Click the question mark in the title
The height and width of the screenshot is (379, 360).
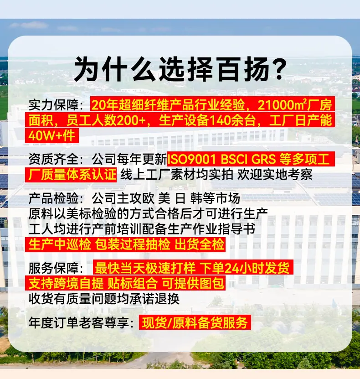(277, 69)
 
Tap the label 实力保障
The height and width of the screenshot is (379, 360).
(53, 104)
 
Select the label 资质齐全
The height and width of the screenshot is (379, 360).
(53, 159)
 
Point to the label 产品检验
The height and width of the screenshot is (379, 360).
(53, 198)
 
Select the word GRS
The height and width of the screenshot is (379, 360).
(263, 159)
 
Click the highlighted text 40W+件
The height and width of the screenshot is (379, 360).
(51, 135)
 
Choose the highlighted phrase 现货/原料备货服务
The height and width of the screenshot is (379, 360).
(195, 322)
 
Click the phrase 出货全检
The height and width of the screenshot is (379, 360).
(200, 244)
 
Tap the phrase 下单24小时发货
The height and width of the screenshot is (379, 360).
(245, 268)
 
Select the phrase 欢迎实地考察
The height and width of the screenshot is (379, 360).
(275, 174)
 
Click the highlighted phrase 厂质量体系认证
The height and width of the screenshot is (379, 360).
(72, 174)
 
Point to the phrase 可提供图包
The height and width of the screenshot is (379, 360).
(193, 283)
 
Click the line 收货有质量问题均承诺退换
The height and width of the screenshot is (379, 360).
(104, 299)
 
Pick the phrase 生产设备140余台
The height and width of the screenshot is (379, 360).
(207, 120)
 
